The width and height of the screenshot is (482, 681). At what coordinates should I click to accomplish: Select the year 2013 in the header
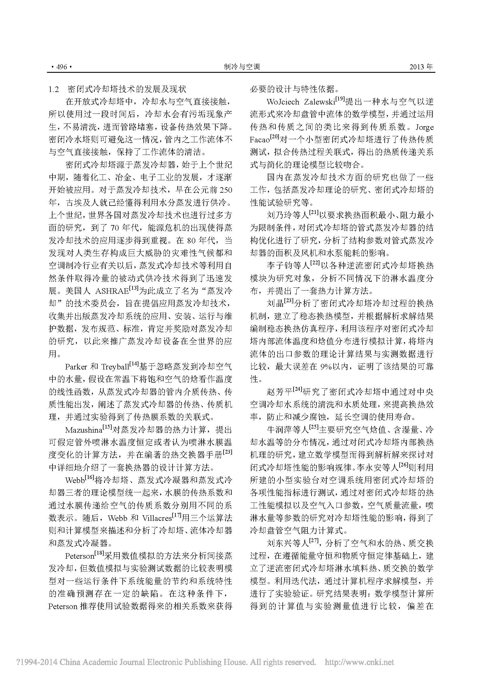[x=418, y=67]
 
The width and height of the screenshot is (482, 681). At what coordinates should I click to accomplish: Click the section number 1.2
[x=54, y=89]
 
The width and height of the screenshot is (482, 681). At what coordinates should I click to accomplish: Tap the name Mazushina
[x=83, y=430]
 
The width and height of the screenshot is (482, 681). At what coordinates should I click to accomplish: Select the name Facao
[x=259, y=140]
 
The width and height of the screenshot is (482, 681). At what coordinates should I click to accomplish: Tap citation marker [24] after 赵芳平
[x=297, y=389]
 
